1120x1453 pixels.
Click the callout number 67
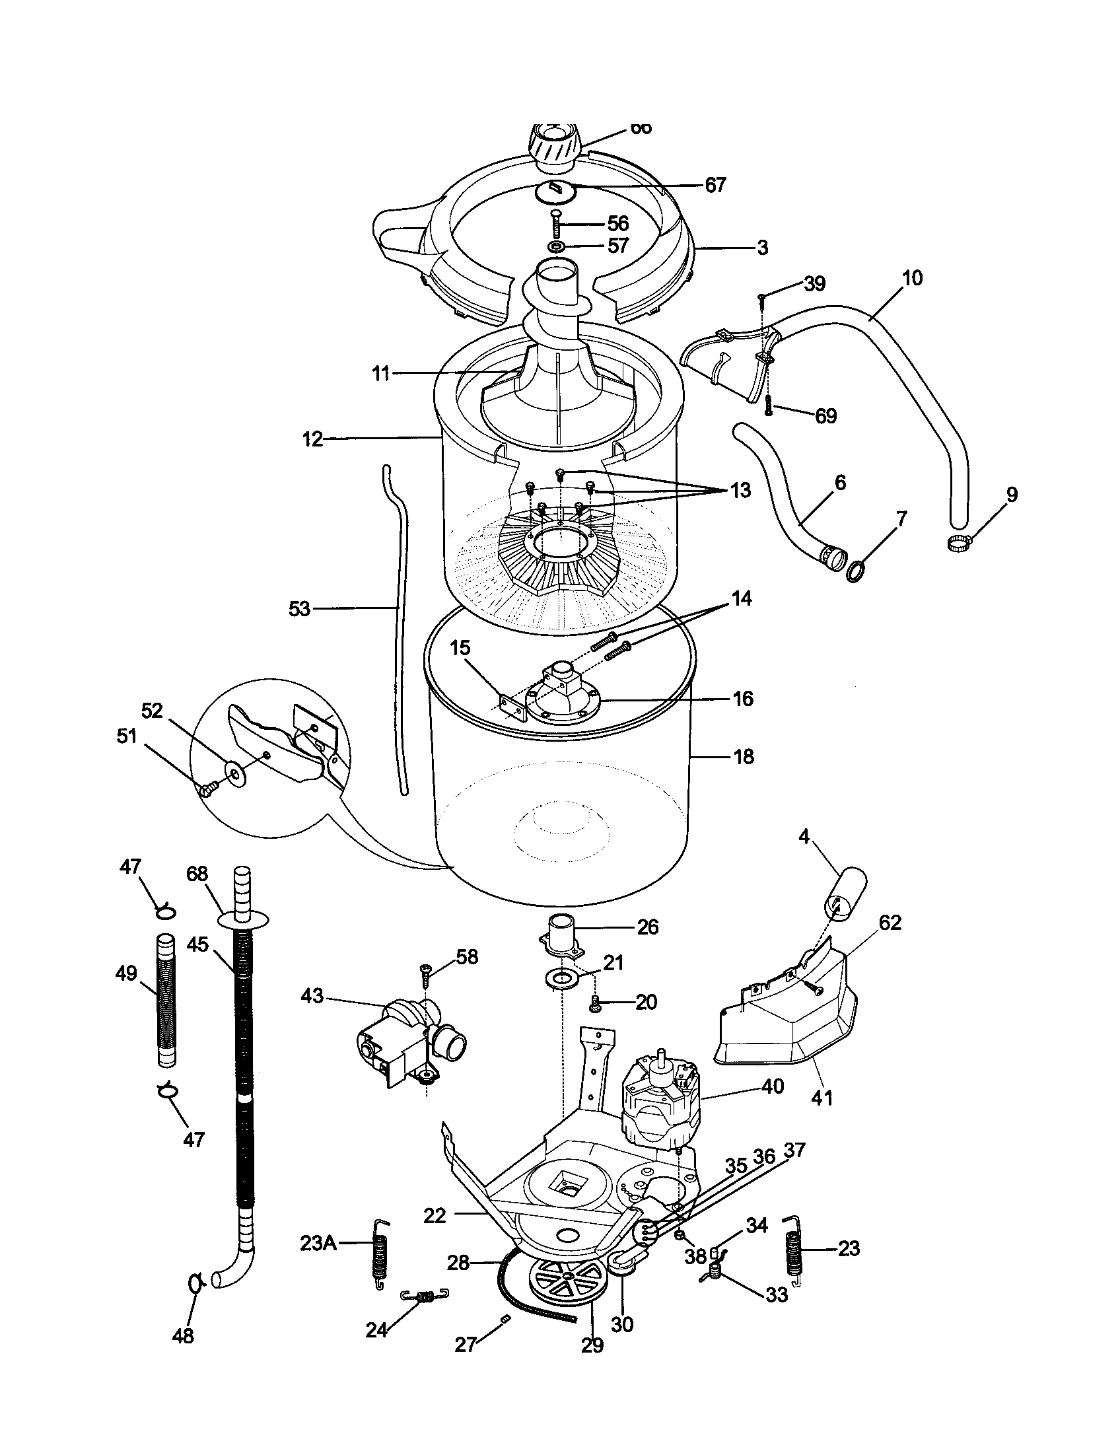pyautogui.click(x=715, y=185)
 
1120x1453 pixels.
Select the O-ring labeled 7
pyautogui.click(x=856, y=571)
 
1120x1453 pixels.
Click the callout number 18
pyautogui.click(x=743, y=756)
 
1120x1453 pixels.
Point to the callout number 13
pyautogui.click(x=740, y=490)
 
